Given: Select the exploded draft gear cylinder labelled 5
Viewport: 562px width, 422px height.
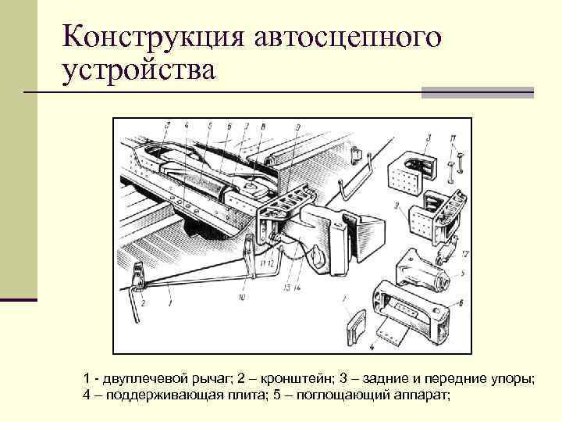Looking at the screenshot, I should (425, 270).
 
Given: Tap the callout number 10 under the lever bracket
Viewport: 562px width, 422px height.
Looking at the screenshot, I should (242, 298).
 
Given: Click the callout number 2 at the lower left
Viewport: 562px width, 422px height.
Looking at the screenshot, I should (143, 302).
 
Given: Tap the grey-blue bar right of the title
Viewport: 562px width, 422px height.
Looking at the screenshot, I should (477, 92).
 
